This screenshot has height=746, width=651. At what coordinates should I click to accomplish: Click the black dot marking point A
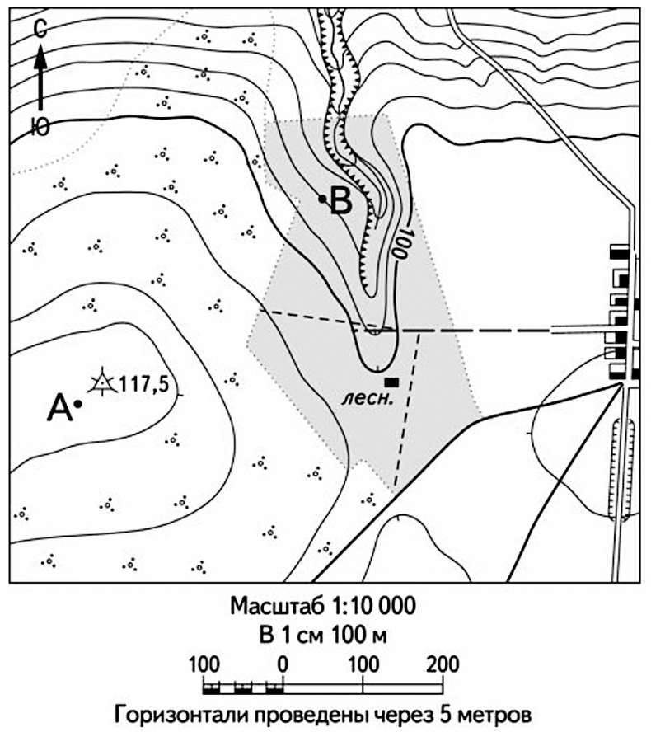(77, 404)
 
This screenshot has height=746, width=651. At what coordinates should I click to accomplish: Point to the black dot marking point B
(323, 198)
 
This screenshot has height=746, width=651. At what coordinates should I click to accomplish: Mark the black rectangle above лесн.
(391, 382)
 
